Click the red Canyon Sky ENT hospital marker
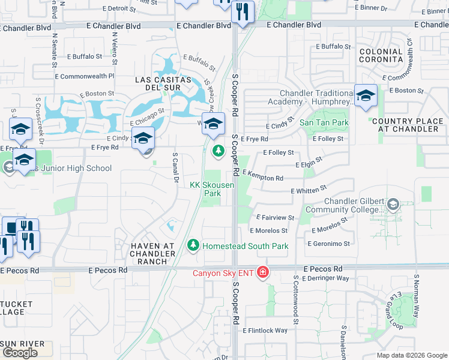tap(262, 273)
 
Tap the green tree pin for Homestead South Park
tap(193, 245)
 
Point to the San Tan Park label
tap(324, 122)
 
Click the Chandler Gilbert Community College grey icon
tap(393, 204)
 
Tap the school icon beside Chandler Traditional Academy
tap(366, 95)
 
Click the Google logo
tap(20, 353)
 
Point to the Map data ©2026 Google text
tap(412, 355)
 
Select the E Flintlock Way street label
tap(265, 331)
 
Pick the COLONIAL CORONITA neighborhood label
tap(381, 56)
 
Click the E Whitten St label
tap(309, 190)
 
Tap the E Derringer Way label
tap(326, 278)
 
